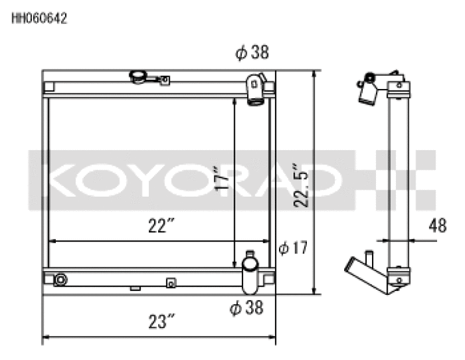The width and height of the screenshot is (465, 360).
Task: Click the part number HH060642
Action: coord(39,19)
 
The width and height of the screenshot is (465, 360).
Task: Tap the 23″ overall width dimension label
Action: coord(161,321)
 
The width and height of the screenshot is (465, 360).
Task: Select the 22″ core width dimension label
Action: coord(161,225)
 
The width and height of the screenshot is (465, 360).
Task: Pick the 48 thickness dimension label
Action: coord(437,225)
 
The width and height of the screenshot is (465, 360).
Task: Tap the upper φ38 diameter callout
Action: coord(252,52)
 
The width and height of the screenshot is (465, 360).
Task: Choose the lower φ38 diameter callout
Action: coord(246,308)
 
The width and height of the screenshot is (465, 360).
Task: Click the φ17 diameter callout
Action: coord(293,248)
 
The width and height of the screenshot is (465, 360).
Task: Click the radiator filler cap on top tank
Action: coord(138,77)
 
